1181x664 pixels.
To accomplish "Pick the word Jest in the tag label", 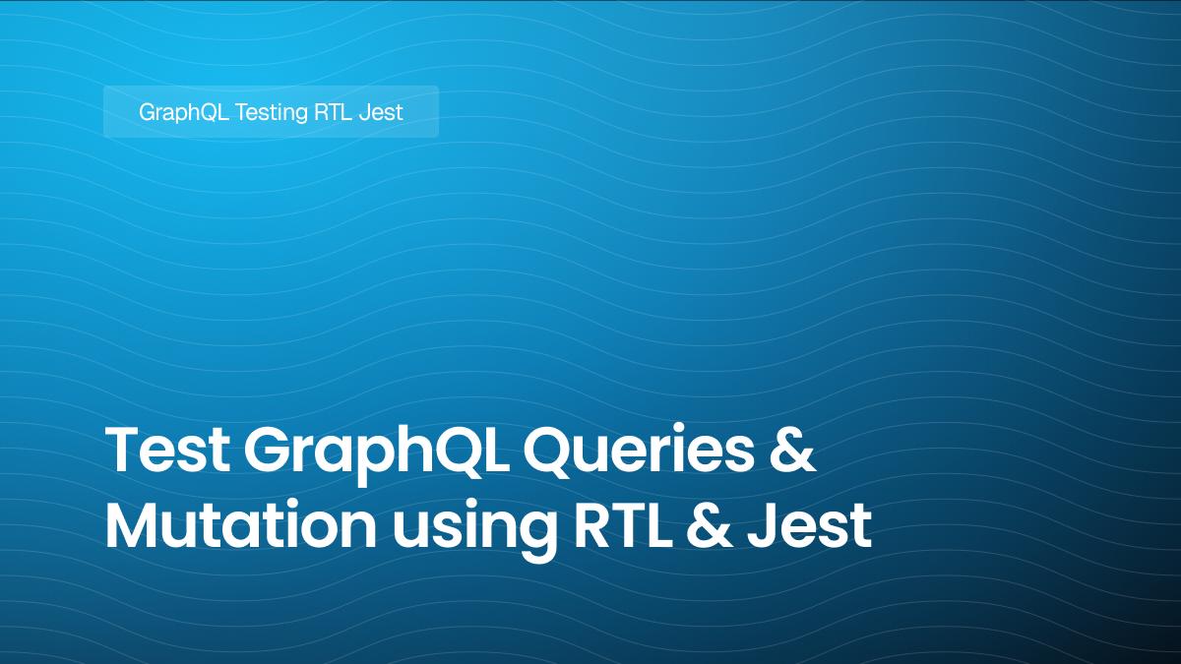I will pos(382,112).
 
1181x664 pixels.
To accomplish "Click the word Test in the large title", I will pos(165,453).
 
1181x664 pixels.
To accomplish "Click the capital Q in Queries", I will pos(554,453).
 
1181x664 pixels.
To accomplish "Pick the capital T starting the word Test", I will pos(122,453).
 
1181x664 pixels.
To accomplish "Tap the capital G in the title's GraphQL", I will pos(268,453).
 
